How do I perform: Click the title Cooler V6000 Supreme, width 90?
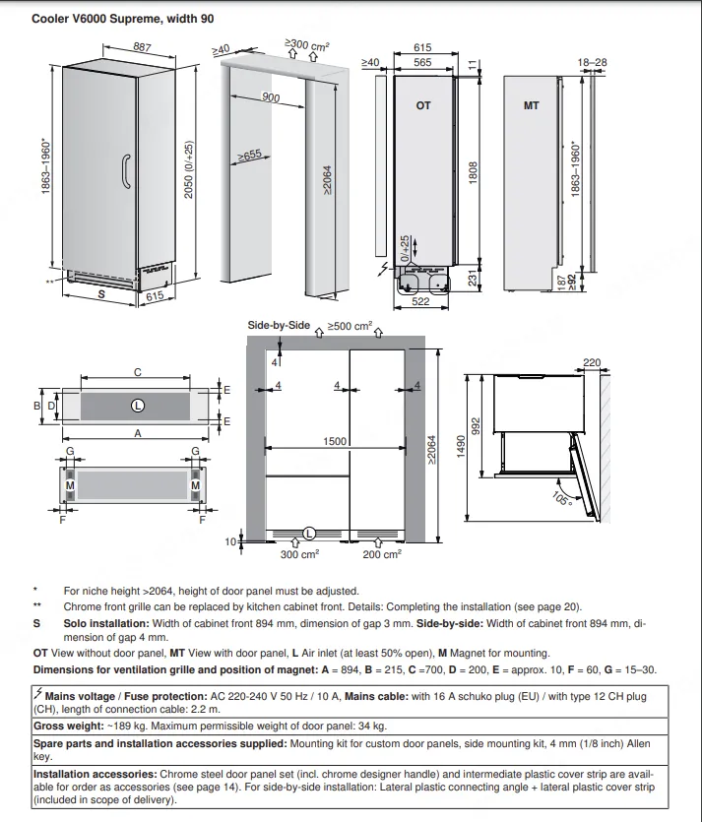click(123, 19)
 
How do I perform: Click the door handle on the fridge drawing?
click(126, 171)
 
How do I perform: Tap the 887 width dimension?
click(142, 47)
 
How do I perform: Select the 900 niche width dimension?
click(271, 97)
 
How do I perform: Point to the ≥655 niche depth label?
click(249, 156)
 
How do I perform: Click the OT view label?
click(423, 105)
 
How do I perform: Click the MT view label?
click(531, 105)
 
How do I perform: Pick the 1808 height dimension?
click(473, 172)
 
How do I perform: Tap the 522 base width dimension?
click(420, 301)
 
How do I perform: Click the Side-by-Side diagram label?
click(279, 325)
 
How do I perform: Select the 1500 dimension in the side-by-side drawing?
click(335, 441)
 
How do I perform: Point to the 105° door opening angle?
click(562, 498)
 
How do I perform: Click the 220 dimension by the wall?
click(592, 362)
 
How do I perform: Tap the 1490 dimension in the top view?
click(461, 446)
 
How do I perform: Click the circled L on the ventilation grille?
click(138, 406)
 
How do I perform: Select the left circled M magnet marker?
click(70, 485)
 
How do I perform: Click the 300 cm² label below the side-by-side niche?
click(299, 554)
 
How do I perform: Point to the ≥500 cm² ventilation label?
click(350, 326)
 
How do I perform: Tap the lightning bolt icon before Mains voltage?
click(37, 694)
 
